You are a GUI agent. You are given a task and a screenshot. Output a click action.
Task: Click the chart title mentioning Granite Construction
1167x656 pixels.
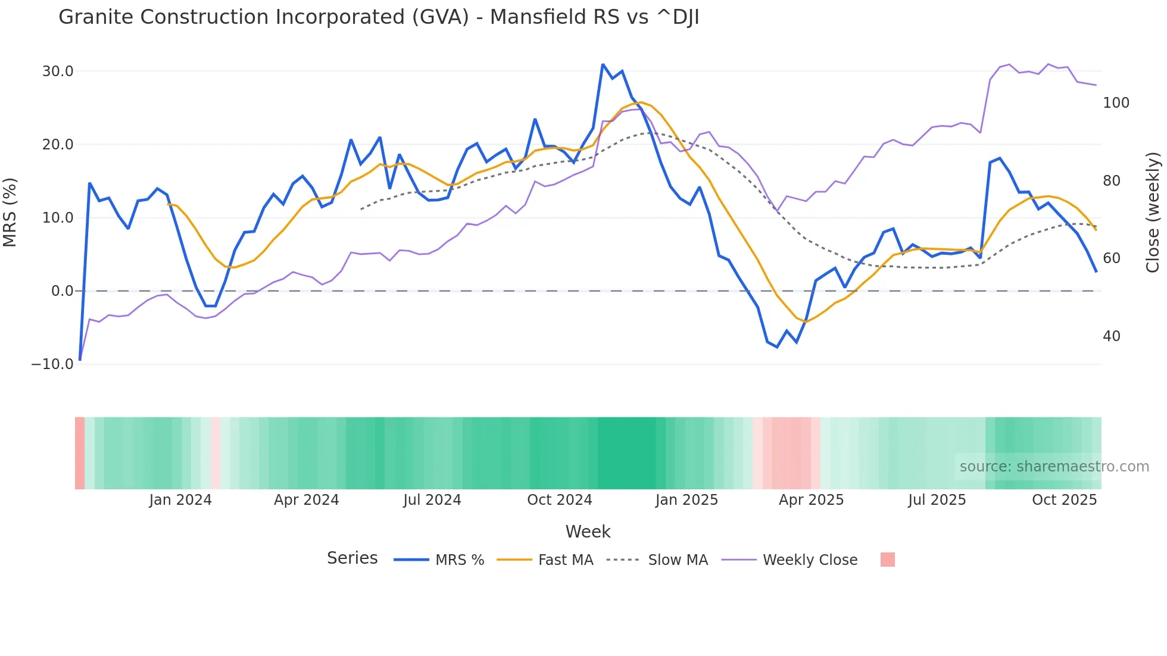[x=379, y=17]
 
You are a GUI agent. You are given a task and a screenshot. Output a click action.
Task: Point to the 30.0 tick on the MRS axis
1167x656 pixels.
[x=58, y=71]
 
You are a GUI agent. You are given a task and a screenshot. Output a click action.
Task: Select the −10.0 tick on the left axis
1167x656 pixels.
[x=52, y=364]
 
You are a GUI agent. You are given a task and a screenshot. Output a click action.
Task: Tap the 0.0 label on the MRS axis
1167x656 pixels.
[x=62, y=291]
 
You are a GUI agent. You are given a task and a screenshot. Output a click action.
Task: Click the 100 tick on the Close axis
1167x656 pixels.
[x=1116, y=103]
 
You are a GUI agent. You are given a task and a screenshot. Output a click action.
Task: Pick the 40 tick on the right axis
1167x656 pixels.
[x=1111, y=336]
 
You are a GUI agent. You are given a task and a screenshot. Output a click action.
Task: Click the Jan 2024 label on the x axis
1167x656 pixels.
[x=180, y=500]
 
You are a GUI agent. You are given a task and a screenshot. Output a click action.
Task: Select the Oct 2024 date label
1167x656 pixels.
[x=560, y=500]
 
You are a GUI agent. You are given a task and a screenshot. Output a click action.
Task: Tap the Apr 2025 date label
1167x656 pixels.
[x=811, y=500]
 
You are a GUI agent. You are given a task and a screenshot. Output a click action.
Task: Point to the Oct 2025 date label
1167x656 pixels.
[x=1064, y=500]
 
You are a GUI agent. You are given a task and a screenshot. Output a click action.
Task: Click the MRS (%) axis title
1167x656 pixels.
[x=10, y=213]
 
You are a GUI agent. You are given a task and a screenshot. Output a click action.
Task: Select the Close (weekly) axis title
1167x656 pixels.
[x=1153, y=213]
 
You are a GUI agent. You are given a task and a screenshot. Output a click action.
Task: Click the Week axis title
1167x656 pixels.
[x=588, y=532]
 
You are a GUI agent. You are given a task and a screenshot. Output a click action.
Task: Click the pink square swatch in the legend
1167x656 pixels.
[x=887, y=560]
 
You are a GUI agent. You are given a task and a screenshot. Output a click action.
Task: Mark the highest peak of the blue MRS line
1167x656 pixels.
[x=603, y=64]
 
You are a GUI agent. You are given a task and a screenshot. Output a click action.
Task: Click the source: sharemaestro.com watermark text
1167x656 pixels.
[x=1054, y=467]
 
